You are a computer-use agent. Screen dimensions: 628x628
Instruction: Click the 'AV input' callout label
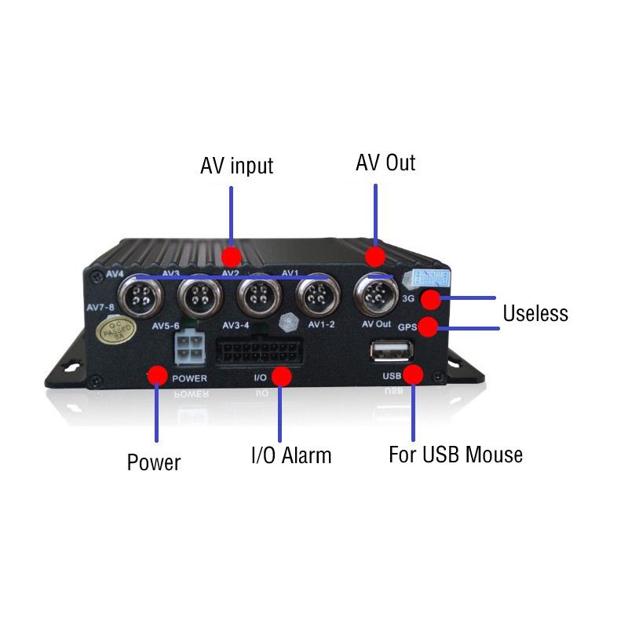pos(236,166)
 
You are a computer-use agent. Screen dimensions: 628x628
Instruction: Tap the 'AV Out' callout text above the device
pos(385,163)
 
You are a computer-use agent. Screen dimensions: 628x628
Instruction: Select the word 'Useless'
pos(535,314)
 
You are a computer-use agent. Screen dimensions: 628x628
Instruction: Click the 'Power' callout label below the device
pos(154,462)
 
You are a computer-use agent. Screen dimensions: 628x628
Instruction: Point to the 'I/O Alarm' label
pos(290,455)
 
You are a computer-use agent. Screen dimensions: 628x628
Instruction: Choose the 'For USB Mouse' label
pos(455,455)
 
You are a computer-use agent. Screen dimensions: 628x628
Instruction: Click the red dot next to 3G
pos(430,298)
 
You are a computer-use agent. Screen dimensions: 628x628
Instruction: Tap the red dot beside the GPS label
pos(429,327)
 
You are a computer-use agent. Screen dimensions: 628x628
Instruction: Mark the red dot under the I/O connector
pos(282,377)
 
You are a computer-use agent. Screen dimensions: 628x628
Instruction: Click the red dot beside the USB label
pos(414,374)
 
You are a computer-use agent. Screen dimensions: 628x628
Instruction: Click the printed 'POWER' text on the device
pos(189,378)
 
